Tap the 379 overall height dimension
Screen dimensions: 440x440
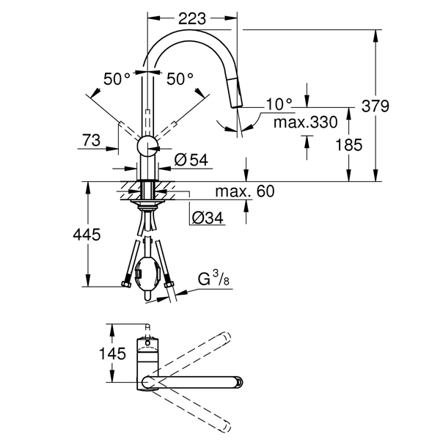(396, 106)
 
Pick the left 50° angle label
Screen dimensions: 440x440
(117, 78)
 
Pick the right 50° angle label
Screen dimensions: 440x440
(180, 78)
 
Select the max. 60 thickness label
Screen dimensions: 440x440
(245, 192)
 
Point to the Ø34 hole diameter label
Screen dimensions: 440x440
(206, 218)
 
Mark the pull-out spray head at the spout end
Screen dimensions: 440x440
(235, 95)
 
